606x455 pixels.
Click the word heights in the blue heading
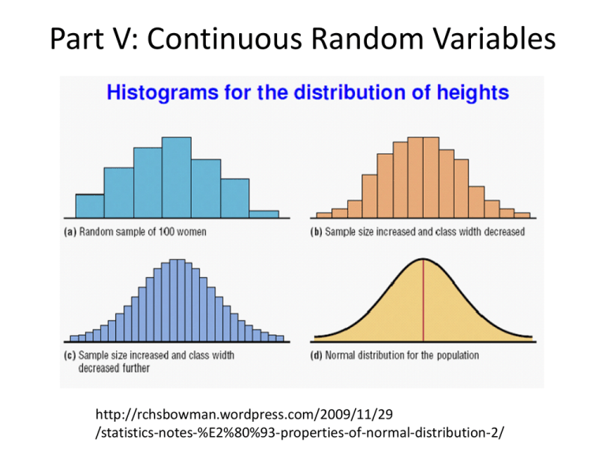[x=467, y=93]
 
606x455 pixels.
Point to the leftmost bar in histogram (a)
[x=89, y=205]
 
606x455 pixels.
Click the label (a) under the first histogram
[x=70, y=232]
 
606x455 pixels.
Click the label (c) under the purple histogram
[x=70, y=355]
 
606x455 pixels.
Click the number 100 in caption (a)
[x=165, y=232]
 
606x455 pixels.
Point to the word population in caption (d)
[x=455, y=355]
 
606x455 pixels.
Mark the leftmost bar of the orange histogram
[x=324, y=214]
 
